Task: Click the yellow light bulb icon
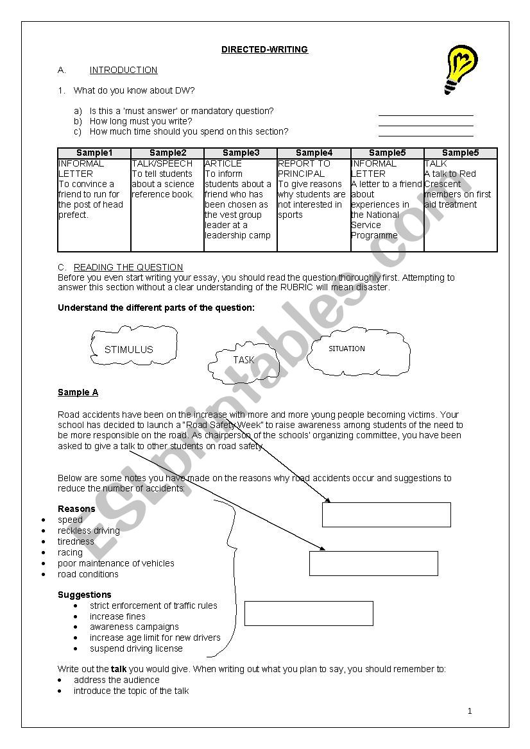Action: (460, 69)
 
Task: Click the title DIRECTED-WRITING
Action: (264, 49)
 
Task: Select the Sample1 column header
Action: (94, 152)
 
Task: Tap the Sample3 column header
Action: (241, 152)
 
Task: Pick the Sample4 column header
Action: (314, 152)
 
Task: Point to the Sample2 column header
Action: (167, 152)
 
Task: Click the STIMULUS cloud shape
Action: (128, 349)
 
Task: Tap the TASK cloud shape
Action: (243, 361)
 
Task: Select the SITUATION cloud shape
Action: (358, 349)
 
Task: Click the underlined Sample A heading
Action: (78, 392)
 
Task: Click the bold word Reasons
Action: (76, 509)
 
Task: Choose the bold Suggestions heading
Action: (84, 595)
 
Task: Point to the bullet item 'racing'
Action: (70, 552)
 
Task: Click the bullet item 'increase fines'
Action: (117, 616)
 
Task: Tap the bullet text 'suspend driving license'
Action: (136, 648)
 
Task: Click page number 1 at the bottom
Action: (470, 711)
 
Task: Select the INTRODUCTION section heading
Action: (123, 70)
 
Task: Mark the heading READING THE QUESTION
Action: (128, 267)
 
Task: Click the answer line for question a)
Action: (425, 114)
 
